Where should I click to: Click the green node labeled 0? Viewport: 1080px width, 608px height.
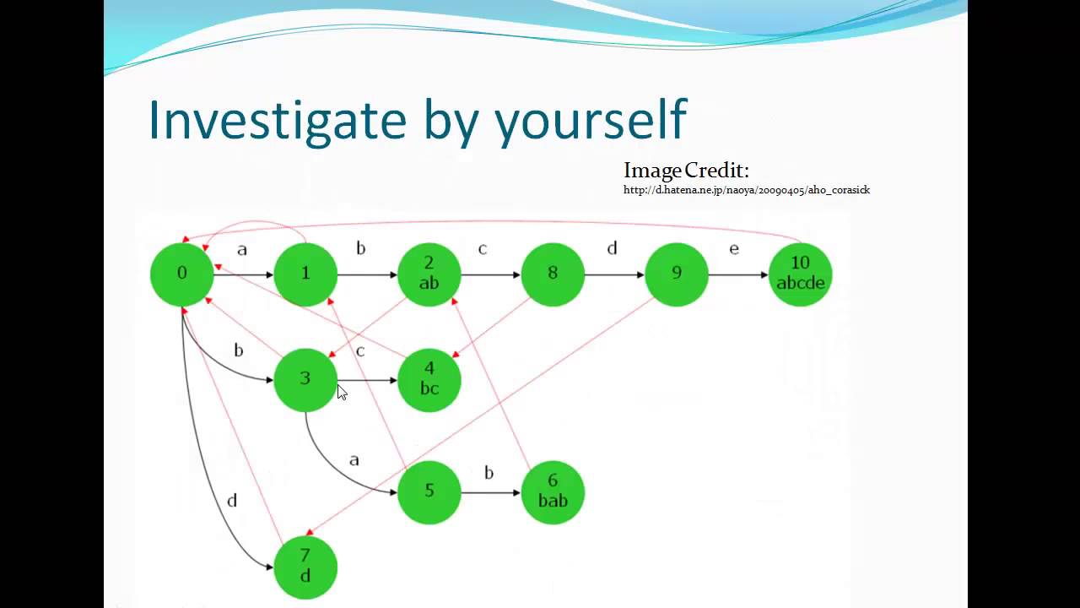(181, 274)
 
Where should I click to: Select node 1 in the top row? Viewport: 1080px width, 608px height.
(305, 274)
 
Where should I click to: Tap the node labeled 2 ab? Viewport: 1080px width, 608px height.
(429, 274)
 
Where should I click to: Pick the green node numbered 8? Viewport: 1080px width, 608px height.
(553, 274)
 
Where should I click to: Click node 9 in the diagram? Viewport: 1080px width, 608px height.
(676, 274)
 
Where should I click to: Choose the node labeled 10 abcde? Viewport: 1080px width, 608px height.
(800, 274)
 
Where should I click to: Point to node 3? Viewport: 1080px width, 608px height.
(305, 379)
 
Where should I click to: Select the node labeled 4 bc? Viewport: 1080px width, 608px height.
(429, 379)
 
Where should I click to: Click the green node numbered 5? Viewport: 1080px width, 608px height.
(429, 491)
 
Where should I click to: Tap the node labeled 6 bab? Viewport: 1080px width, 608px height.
(553, 491)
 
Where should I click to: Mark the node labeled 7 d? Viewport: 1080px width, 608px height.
(305, 567)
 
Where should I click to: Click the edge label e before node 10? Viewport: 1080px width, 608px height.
(734, 249)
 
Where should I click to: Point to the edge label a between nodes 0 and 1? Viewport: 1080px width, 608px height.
(242, 250)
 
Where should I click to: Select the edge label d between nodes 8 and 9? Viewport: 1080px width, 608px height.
(612, 248)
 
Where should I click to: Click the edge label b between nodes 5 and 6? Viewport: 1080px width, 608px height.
(489, 473)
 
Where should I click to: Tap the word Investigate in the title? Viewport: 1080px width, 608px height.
(278, 120)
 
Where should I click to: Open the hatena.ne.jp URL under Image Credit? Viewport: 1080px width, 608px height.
(746, 190)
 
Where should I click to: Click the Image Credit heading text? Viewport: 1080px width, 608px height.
(686, 171)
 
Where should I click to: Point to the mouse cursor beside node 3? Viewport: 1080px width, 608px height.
(342, 392)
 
